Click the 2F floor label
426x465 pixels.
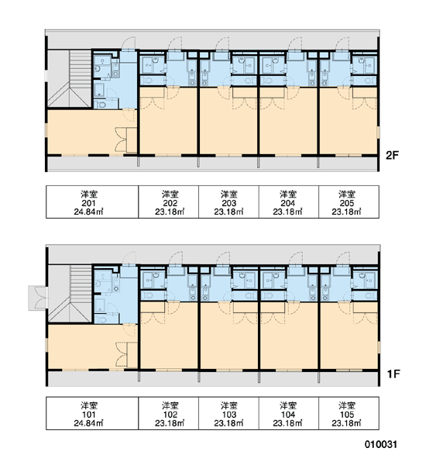(392, 155)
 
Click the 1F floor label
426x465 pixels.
(393, 374)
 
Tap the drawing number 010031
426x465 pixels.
(380, 444)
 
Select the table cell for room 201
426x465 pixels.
(92, 202)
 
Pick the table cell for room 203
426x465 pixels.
(228, 202)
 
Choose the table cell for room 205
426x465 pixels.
(349, 202)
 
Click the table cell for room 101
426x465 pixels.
(92, 413)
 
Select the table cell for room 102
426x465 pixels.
(168, 413)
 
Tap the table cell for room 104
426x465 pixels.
(289, 413)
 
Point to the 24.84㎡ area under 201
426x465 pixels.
(88, 212)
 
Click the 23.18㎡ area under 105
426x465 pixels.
(346, 423)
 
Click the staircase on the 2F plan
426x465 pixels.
(70, 78)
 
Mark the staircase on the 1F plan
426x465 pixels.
(70, 294)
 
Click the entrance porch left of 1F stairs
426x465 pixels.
(37, 298)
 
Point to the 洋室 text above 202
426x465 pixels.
(170, 195)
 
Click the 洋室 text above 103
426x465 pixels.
(228, 405)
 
